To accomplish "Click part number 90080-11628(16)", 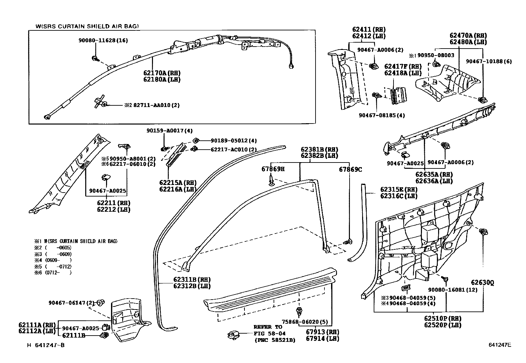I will click(103, 41).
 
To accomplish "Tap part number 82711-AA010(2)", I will click(156, 105).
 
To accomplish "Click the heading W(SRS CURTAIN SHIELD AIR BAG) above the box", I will click(87, 26).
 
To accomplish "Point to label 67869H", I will click(273, 169).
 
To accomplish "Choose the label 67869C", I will click(350, 169).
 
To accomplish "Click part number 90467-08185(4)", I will click(382, 115).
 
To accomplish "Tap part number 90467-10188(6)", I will click(489, 61).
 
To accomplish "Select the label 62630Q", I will click(482, 283).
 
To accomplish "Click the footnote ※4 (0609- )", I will click(53, 260).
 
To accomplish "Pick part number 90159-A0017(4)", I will click(169, 130).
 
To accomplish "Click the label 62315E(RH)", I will click(398, 190).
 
